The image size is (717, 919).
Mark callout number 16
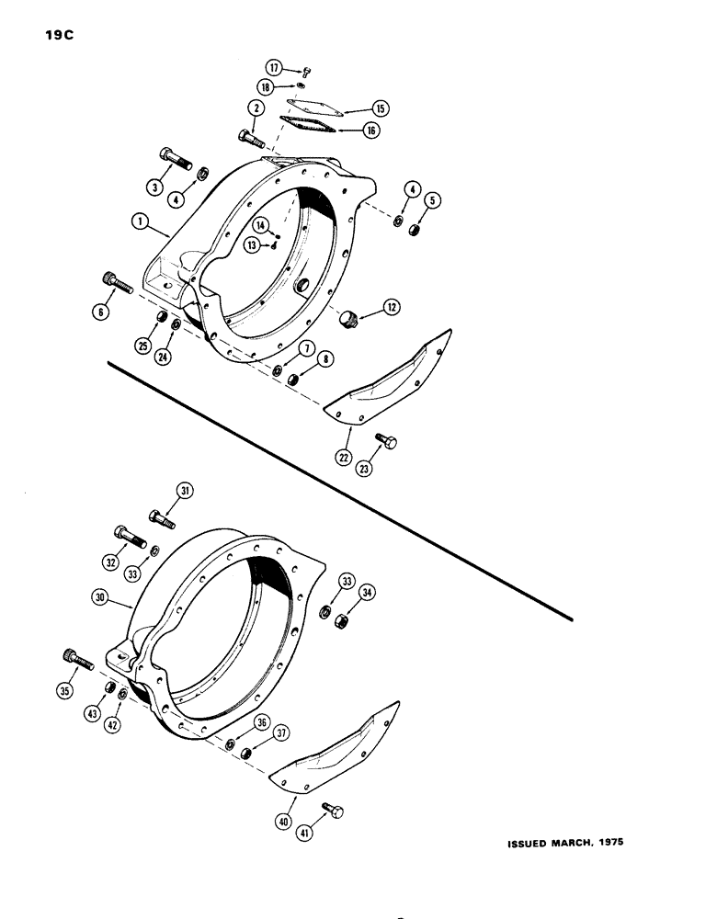(370, 131)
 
